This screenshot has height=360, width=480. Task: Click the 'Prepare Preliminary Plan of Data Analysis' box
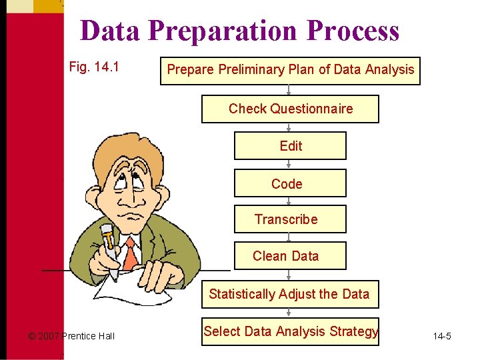coord(290,70)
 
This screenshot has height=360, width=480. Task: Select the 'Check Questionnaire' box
coord(290,109)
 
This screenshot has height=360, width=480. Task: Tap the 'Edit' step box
coord(290,146)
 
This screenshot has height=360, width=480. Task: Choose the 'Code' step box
coord(290,183)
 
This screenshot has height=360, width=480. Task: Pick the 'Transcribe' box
coord(290,219)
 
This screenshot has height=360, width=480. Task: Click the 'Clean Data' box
coord(290,256)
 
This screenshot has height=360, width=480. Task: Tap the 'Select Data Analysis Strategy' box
coord(290,331)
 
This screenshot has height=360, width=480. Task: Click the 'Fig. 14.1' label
coord(94,67)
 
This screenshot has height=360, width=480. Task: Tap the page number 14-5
coord(441,336)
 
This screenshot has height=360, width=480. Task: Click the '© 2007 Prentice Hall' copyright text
coord(71,336)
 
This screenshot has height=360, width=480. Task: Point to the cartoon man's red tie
coord(131,253)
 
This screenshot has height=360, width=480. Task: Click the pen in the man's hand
coord(109,250)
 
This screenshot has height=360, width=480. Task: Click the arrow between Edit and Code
coord(289,164)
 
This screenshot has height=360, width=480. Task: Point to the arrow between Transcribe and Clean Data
coord(289,237)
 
